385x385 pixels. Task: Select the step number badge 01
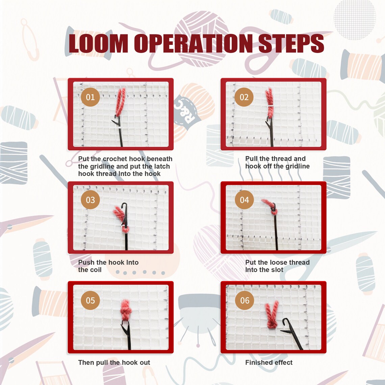91,97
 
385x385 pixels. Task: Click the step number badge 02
244,97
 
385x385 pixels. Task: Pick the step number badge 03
91,200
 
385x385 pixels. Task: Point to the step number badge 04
244,200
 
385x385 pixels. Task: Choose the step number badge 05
91,300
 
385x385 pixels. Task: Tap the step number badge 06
245,300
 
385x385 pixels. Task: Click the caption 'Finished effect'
269,362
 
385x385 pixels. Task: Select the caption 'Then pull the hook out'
114,362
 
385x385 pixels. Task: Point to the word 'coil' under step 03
96,270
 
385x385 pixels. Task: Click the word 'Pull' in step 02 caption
251,159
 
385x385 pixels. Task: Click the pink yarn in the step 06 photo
272,315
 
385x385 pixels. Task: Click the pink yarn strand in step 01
121,102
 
